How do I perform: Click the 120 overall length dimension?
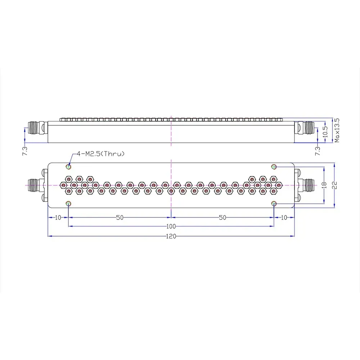171,236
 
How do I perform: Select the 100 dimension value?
171,226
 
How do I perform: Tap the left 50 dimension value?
120,217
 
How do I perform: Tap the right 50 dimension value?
222,217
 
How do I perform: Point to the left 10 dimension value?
58,217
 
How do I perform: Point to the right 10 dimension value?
284,217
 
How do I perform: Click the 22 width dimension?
335,185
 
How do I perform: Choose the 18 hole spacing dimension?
324,185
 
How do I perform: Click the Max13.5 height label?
337,130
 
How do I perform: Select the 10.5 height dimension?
325,132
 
